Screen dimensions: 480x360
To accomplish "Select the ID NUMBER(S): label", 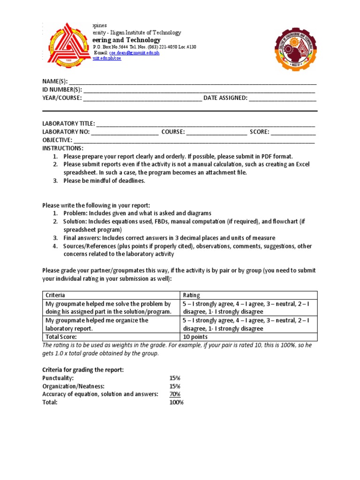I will [x=62, y=90].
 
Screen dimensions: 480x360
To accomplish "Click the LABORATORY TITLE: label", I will [x=68, y=124].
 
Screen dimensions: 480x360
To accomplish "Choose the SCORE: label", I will [x=259, y=132].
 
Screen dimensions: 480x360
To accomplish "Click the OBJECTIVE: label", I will [x=57, y=140].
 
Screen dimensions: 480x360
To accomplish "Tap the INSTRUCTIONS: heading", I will [x=62, y=148].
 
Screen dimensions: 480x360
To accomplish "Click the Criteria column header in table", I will [x=55, y=295].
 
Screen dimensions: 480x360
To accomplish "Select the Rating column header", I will [x=191, y=295].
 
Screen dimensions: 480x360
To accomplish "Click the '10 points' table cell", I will [x=195, y=337].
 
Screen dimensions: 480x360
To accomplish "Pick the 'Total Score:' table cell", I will [x=60, y=337].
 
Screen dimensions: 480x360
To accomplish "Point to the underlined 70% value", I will [x=175, y=394].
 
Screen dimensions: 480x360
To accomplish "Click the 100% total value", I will [x=177, y=402].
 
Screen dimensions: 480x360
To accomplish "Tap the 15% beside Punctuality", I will [x=175, y=378].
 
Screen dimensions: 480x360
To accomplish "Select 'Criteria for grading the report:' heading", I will [x=83, y=369].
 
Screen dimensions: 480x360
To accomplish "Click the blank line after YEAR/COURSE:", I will [x=142, y=98].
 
